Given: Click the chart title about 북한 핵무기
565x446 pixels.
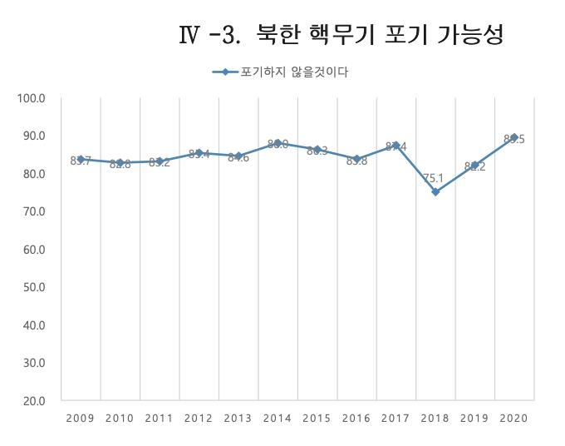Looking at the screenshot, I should [x=341, y=36].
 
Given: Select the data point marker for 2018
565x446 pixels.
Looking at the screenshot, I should [x=435, y=192].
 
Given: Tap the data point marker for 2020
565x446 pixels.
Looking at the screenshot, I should [x=514, y=137].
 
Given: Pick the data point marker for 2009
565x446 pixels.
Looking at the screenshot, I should [x=81, y=159].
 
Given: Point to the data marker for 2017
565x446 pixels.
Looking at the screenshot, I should [x=396, y=146].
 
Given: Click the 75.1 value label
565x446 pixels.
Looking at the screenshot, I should [x=430, y=177].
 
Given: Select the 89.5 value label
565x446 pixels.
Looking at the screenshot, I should [x=513, y=139].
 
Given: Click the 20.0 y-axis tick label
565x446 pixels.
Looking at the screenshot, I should [x=34, y=401].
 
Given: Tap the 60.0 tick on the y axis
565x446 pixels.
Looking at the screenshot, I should [x=34, y=250].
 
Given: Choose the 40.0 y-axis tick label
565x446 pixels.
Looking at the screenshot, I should [x=34, y=325].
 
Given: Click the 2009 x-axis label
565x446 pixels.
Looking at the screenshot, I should [x=81, y=418].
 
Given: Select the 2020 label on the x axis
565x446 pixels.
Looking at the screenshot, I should [x=514, y=418].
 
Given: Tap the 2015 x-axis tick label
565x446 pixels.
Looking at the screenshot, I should [x=317, y=418].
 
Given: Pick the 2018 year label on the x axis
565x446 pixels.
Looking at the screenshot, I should [x=435, y=418].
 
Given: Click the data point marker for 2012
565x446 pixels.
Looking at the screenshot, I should [x=199, y=153].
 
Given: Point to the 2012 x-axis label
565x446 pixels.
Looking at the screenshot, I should [x=199, y=418].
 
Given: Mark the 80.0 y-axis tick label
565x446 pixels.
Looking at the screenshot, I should [x=34, y=174].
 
